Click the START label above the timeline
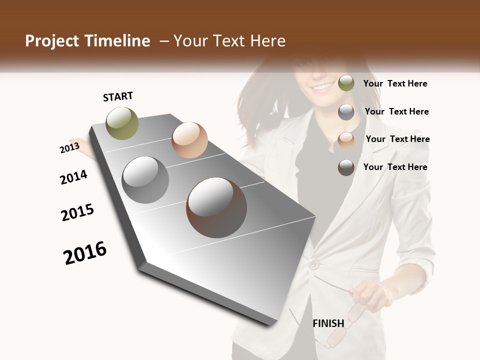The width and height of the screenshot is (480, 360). [118, 96]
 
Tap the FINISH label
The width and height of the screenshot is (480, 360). [328, 323]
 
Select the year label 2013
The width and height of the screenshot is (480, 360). [69, 147]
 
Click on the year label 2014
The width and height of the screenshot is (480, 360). [73, 177]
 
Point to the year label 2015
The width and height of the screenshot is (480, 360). [77, 212]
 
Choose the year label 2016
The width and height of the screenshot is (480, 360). [85, 252]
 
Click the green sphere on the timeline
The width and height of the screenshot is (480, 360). [122, 123]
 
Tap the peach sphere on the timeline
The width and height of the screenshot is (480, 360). [189, 140]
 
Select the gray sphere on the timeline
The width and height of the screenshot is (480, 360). [145, 180]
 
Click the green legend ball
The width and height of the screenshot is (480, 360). [346, 83]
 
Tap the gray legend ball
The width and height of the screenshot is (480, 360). [346, 112]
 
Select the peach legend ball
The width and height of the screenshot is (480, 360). [346, 140]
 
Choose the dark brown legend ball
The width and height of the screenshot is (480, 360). [346, 167]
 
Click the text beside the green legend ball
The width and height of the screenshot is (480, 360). [395, 83]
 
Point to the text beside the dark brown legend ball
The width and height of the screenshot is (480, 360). [395, 167]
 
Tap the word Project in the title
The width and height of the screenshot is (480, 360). [51, 41]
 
